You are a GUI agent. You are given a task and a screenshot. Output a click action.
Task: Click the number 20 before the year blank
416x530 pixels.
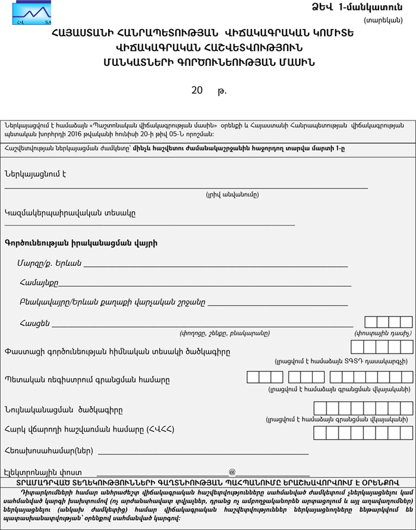(197, 91)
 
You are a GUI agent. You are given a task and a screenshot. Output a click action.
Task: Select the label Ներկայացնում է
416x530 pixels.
(35, 174)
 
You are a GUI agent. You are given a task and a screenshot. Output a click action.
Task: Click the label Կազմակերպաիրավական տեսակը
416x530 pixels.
(70, 213)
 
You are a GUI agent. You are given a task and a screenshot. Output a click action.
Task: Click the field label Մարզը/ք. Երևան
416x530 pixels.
(49, 263)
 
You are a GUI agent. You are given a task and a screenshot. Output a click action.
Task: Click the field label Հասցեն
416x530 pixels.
(34, 323)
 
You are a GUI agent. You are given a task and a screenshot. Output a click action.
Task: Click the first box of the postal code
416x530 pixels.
(371, 322)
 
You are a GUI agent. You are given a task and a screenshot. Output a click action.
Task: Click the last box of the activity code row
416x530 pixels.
(407, 347)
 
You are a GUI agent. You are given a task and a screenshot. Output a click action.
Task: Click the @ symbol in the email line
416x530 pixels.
(232, 471)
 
